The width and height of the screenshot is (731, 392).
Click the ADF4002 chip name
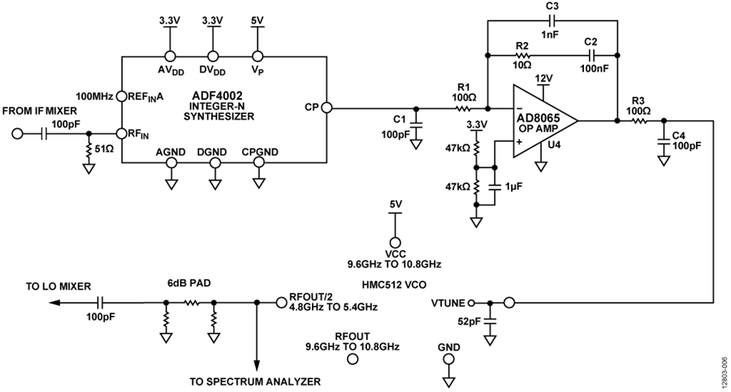click(x=217, y=96)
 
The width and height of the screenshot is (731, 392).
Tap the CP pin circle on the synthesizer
click(x=327, y=108)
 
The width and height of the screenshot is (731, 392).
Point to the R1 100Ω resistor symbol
click(x=464, y=109)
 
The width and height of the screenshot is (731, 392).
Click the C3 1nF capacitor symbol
click(x=552, y=20)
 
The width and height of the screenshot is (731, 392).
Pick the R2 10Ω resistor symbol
click(x=522, y=55)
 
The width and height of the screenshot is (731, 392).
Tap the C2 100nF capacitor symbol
click(x=592, y=55)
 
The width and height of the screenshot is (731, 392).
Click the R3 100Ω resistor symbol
click(x=638, y=121)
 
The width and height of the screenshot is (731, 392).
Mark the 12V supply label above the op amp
click(x=543, y=78)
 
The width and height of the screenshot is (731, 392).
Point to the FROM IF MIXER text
click(x=40, y=111)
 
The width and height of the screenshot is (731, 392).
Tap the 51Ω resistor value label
click(x=104, y=149)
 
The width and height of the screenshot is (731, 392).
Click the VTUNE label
click(x=448, y=304)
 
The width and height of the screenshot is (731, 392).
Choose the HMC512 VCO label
click(x=394, y=284)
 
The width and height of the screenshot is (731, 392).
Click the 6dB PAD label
click(x=188, y=283)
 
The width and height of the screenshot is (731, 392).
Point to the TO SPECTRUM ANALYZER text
click(x=256, y=381)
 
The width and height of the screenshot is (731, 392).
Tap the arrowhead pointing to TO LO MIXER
click(x=54, y=303)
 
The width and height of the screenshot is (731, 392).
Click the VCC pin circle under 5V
click(x=395, y=243)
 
